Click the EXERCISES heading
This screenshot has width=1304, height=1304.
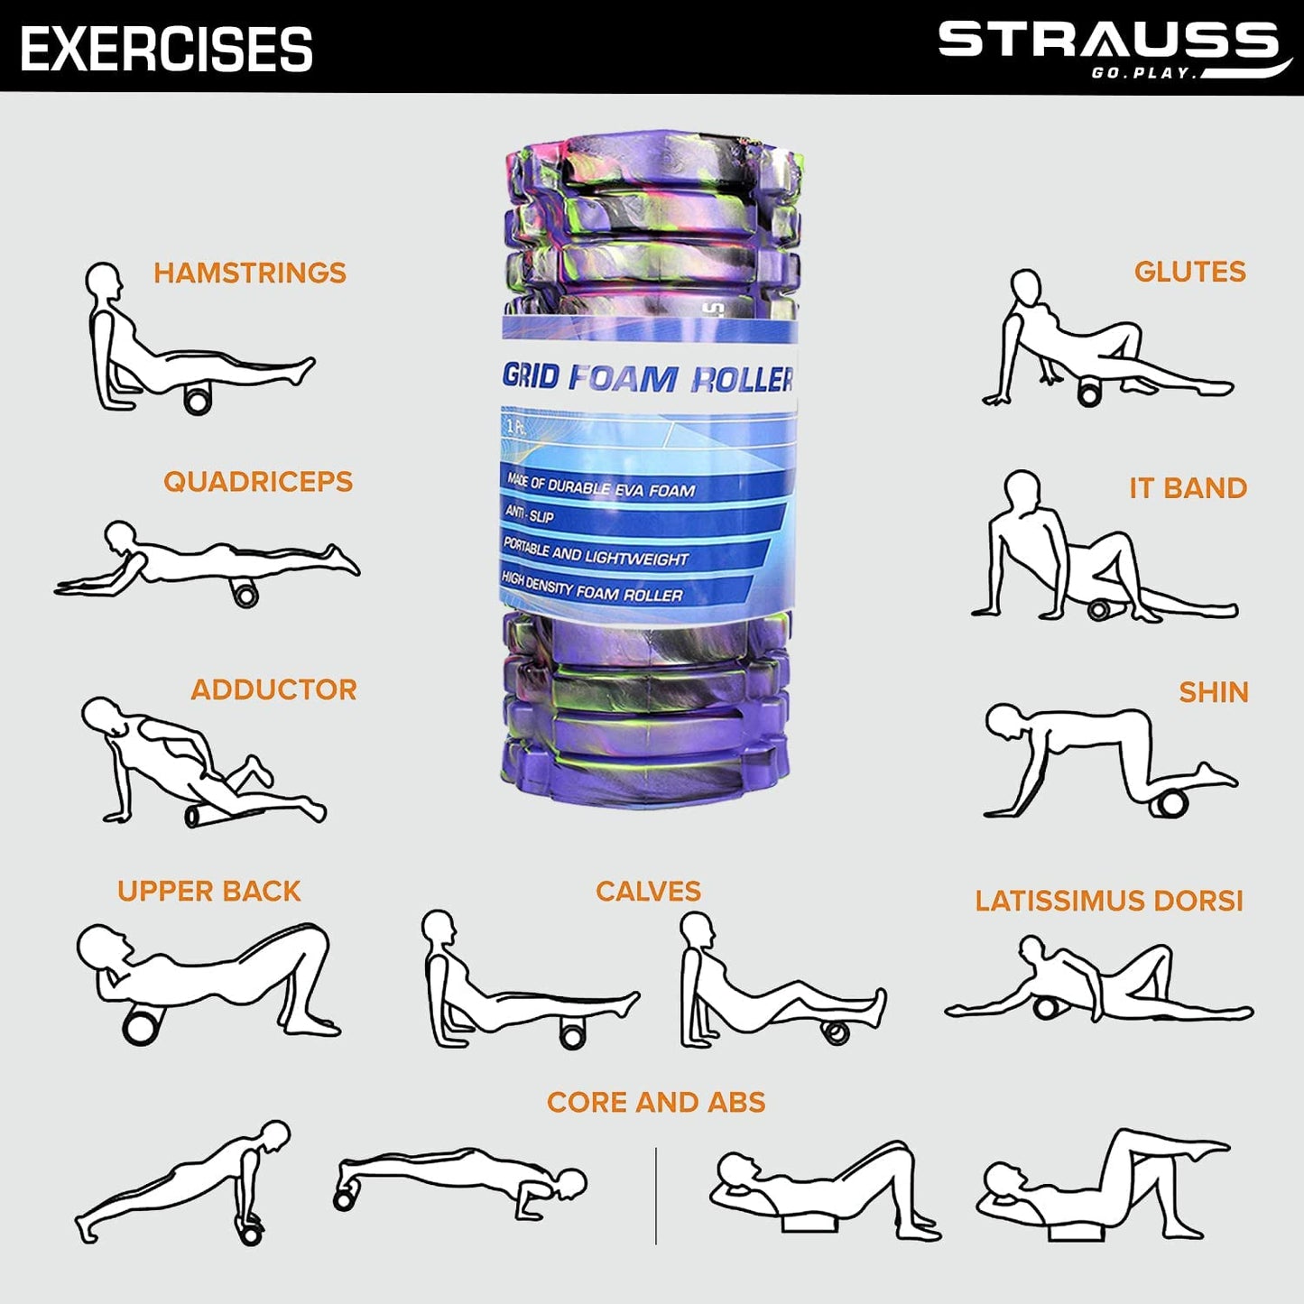pyautogui.click(x=166, y=49)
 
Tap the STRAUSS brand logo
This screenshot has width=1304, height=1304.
pyautogui.click(x=1114, y=50)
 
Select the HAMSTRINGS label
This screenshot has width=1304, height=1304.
pyautogui.click(x=250, y=273)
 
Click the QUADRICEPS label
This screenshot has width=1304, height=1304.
pyautogui.click(x=258, y=481)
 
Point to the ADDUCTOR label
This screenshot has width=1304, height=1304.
pyautogui.click(x=273, y=689)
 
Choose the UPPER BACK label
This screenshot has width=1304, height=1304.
pyautogui.click(x=209, y=892)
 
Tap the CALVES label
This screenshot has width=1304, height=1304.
pyautogui.click(x=648, y=892)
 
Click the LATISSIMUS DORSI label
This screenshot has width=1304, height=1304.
pyautogui.click(x=1109, y=901)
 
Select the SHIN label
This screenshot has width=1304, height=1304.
pyautogui.click(x=1214, y=692)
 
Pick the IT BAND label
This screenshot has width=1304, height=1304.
pyautogui.click(x=1188, y=488)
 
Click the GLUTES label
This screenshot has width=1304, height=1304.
pyautogui.click(x=1189, y=272)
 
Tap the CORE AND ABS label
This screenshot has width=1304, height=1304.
pyautogui.click(x=656, y=1103)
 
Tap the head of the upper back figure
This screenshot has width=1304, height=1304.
pyautogui.click(x=101, y=946)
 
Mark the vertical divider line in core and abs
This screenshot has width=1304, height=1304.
pyautogui.click(x=656, y=1196)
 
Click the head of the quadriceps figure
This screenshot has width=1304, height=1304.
pyautogui.click(x=120, y=534)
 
